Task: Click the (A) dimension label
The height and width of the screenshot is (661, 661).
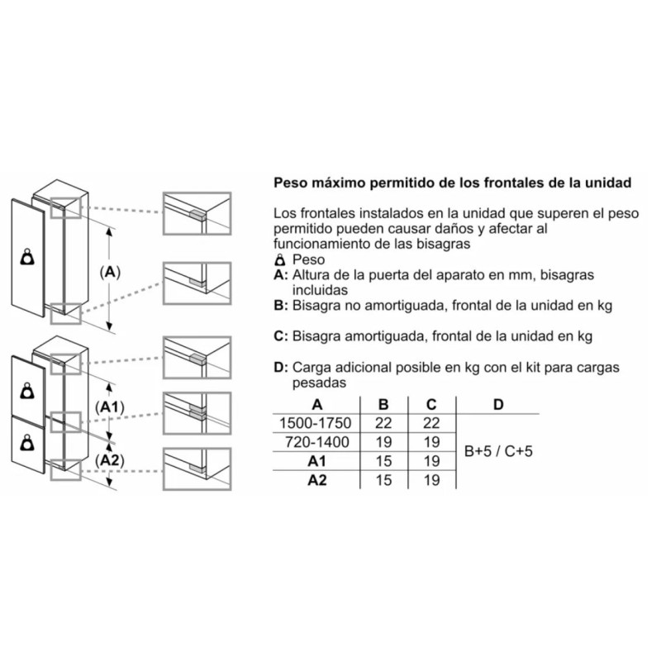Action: pyautogui.click(x=110, y=273)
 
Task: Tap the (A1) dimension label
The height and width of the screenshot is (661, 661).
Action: pyautogui.click(x=110, y=407)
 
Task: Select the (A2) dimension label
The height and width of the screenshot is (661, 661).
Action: pyautogui.click(x=110, y=460)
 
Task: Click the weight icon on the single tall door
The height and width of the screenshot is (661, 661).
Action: pyautogui.click(x=28, y=258)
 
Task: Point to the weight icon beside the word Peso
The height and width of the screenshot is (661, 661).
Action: pyautogui.click(x=279, y=259)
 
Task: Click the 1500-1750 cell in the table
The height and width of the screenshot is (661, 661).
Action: pyautogui.click(x=316, y=423)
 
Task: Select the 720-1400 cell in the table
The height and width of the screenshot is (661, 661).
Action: pyautogui.click(x=317, y=442)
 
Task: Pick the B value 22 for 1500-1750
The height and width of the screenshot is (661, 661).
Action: pyautogui.click(x=383, y=423)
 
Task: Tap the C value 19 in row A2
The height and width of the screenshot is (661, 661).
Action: pyautogui.click(x=431, y=480)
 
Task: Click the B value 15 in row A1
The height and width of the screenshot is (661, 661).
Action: pyautogui.click(x=383, y=461)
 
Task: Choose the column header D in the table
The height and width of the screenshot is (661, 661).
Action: pyautogui.click(x=498, y=405)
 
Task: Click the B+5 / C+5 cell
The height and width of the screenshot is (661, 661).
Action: pyautogui.click(x=498, y=451)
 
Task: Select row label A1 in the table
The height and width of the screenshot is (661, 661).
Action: pyautogui.click(x=317, y=461)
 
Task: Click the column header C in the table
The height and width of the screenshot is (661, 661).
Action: pyautogui.click(x=431, y=405)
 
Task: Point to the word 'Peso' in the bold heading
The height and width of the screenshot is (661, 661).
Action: pyautogui.click(x=289, y=183)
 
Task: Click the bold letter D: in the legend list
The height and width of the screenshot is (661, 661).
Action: pyautogui.click(x=281, y=367)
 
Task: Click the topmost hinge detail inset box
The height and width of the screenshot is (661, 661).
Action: pyautogui.click(x=197, y=213)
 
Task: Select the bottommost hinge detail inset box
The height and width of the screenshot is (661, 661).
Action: pyautogui.click(x=197, y=468)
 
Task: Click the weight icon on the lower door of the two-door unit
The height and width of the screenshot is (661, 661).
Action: pyautogui.click(x=28, y=444)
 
